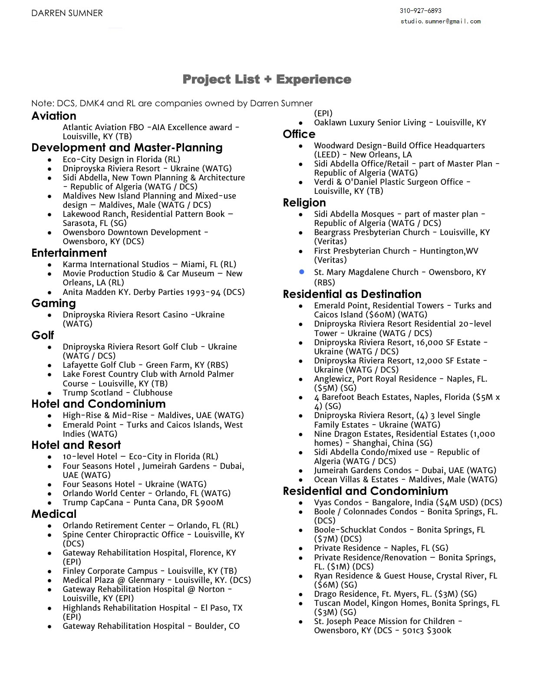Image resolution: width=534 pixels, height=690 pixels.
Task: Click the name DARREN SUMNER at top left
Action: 67,13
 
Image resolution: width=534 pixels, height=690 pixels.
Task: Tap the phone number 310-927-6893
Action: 420,10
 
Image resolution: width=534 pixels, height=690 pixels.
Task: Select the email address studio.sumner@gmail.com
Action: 440,21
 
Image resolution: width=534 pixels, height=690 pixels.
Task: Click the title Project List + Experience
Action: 267,79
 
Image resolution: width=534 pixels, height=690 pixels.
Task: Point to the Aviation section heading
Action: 54,116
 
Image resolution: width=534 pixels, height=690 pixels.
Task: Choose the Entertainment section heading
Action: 69,253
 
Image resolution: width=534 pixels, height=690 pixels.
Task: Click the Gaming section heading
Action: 53,303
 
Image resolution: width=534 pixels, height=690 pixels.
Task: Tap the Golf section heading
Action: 43,335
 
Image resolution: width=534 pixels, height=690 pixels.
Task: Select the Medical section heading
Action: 54,514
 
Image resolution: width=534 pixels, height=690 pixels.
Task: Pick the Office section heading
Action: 299,134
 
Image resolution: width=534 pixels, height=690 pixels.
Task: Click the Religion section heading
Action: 304,203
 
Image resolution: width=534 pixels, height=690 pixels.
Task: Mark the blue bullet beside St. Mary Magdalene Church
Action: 301,272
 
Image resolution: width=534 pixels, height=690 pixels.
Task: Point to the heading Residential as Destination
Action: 352,294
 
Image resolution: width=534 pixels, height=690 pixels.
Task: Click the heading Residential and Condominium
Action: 365,491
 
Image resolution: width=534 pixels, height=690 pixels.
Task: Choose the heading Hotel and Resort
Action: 76,445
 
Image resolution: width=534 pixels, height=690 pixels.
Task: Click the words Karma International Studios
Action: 116,265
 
